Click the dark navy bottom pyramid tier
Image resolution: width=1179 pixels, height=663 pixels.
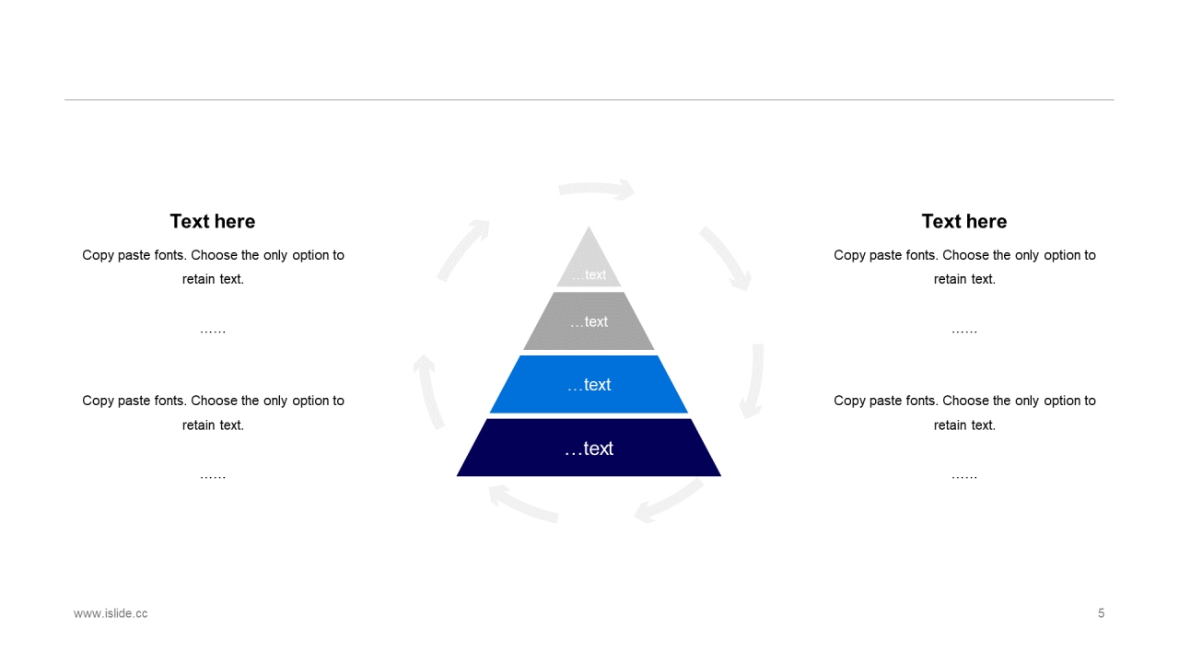tap(589, 448)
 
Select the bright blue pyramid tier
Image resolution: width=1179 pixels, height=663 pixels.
tap(589, 384)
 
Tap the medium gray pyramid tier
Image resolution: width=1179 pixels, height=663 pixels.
tap(589, 321)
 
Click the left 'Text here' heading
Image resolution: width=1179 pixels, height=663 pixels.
tap(213, 221)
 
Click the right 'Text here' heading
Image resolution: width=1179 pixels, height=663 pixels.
tap(964, 221)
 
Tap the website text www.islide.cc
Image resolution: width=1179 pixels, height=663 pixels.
tap(111, 613)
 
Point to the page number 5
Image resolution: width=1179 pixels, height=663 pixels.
tap(1101, 613)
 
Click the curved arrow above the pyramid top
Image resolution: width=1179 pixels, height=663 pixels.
tap(596, 189)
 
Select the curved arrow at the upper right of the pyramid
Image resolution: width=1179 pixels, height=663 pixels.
tap(726, 258)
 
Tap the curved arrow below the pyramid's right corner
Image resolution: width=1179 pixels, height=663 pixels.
tap(669, 502)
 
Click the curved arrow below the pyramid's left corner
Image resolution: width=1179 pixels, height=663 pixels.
tap(522, 504)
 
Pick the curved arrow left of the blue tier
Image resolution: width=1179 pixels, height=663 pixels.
tap(428, 390)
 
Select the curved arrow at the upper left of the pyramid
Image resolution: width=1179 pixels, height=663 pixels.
tap(463, 249)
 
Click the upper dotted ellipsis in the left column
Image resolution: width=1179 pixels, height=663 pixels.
tap(213, 331)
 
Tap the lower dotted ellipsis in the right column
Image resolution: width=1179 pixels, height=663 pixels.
tap(964, 476)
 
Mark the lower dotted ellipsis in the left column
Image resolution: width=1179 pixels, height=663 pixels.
tap(213, 476)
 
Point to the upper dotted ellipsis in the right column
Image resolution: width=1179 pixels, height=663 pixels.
tap(964, 331)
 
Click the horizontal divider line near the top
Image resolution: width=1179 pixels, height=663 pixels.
tap(589, 99)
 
